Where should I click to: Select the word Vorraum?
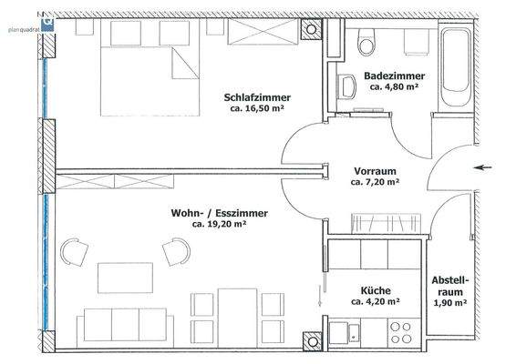tap(375, 170)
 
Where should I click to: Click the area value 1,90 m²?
tap(449, 303)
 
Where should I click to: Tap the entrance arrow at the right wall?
tap(483, 167)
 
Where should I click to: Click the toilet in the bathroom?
tap(367, 43)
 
